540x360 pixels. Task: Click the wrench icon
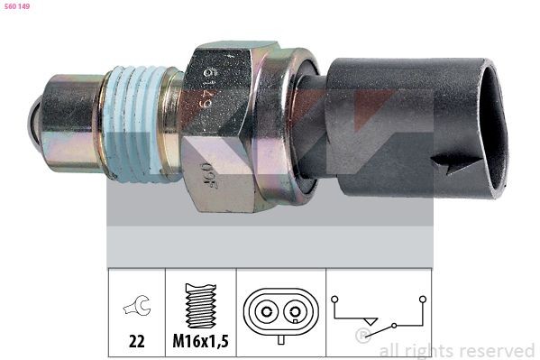136,309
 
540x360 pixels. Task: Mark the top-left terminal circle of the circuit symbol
334,298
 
